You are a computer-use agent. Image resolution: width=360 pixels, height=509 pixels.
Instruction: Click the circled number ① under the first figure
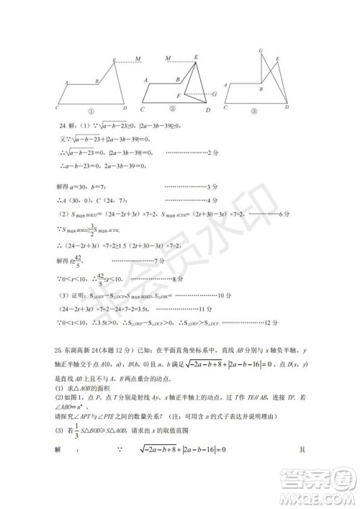click(x=91, y=111)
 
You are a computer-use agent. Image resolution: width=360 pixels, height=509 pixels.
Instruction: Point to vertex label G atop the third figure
click(x=260, y=50)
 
